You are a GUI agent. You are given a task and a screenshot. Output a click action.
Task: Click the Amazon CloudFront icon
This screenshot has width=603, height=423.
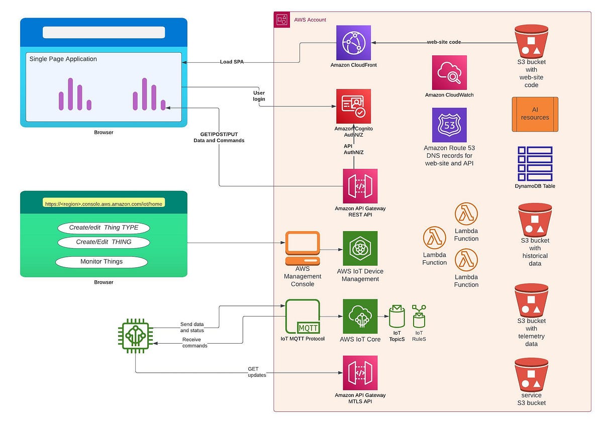click(x=354, y=43)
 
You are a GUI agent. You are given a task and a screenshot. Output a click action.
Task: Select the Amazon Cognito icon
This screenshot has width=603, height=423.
click(x=354, y=106)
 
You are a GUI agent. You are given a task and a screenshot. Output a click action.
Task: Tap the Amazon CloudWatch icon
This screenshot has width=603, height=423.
click(x=449, y=72)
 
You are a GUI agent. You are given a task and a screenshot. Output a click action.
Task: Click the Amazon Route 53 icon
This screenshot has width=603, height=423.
click(x=449, y=125)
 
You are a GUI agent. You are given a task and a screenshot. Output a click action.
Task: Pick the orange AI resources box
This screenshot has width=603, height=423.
click(x=535, y=114)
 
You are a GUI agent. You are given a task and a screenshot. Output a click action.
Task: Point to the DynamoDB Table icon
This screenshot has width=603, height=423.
click(x=535, y=164)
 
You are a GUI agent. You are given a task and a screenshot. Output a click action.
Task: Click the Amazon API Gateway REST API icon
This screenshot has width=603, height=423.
click(x=360, y=186)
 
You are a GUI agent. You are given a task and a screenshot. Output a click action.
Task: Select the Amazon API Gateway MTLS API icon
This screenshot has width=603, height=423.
click(x=360, y=373)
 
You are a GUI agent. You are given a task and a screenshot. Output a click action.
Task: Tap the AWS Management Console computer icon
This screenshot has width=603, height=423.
click(x=303, y=248)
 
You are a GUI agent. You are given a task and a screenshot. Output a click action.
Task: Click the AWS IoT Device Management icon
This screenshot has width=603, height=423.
click(x=360, y=248)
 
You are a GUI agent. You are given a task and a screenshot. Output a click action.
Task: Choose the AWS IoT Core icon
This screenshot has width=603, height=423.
click(x=360, y=316)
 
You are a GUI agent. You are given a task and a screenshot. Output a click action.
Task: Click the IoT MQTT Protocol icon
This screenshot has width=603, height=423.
click(x=303, y=316)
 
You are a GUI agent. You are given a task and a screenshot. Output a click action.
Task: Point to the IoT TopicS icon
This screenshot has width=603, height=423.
click(x=397, y=316)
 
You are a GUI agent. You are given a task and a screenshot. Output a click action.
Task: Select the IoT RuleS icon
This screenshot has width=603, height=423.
click(x=419, y=316)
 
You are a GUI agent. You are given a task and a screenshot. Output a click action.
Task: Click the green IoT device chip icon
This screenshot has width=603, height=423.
click(x=135, y=336)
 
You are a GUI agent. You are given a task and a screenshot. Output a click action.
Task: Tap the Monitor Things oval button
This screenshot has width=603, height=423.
click(x=102, y=262)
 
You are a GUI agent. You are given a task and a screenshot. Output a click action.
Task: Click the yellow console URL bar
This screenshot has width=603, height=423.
click(x=104, y=204)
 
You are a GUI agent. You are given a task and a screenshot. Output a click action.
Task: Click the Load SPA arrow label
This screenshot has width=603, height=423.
click(x=232, y=62)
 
